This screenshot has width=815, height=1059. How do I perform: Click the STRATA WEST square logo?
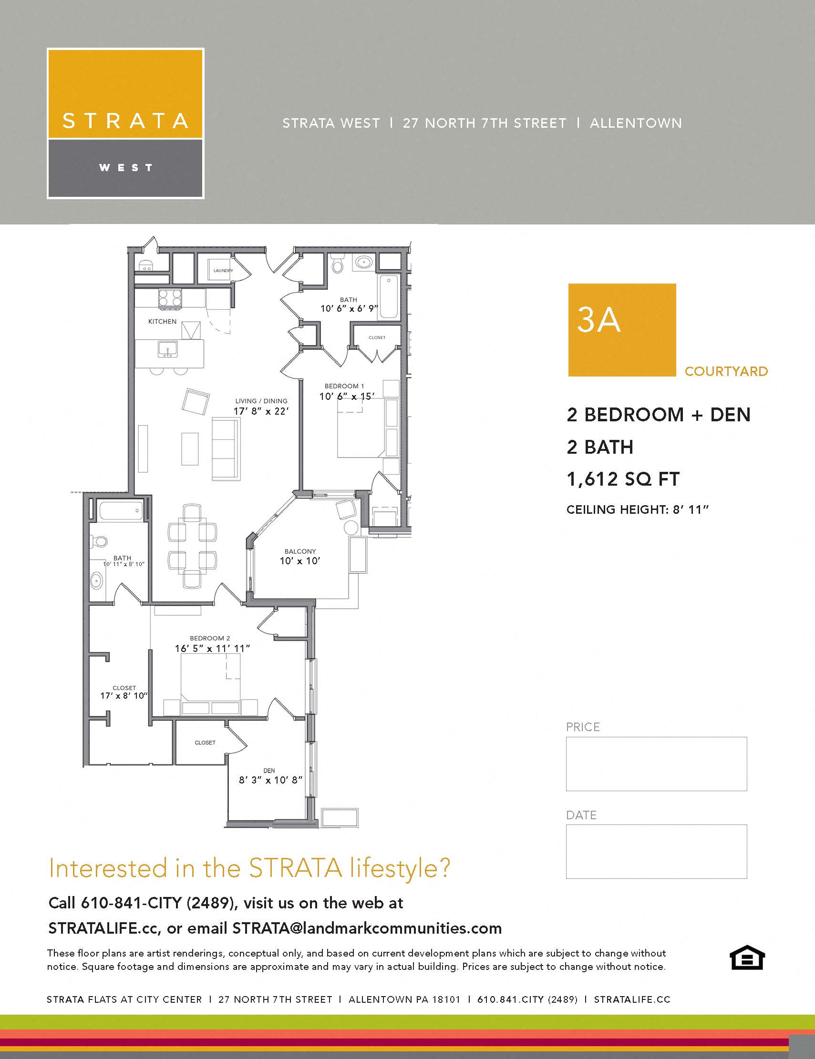125,123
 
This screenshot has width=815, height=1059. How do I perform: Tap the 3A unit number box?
622,330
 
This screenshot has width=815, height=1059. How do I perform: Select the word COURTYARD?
726,371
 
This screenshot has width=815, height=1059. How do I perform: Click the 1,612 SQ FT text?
623,479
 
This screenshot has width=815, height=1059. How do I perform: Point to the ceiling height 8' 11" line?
638,509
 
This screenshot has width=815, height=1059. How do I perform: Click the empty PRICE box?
656,764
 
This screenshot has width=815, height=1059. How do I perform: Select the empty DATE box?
656,852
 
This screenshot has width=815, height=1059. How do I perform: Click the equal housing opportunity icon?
747,957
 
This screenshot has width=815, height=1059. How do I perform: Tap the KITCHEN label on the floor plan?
162,322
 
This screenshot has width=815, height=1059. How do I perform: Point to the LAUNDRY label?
223,271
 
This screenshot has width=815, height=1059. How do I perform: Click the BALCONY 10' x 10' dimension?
300,561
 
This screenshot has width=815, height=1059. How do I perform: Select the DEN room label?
269,771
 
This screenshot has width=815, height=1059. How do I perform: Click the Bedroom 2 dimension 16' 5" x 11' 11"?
213,648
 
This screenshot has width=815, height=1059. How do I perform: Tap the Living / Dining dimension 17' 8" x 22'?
261,411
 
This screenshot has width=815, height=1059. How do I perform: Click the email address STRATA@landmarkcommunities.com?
367,928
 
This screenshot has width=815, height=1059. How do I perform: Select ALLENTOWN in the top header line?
636,123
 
